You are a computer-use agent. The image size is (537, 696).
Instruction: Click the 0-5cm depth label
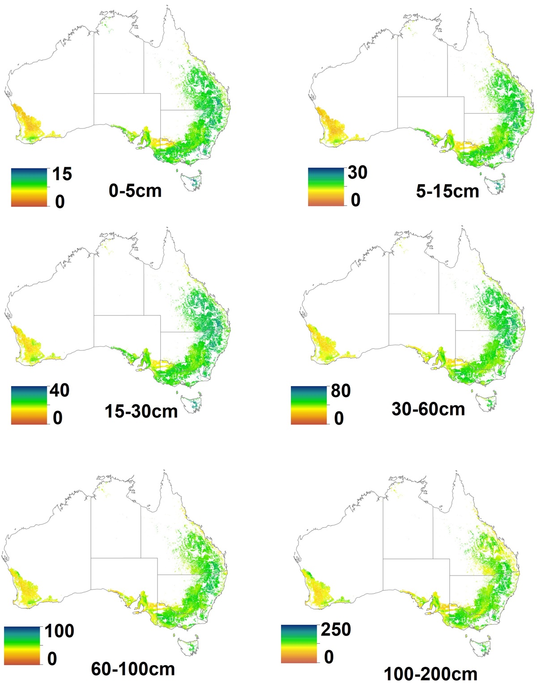[x=135, y=191]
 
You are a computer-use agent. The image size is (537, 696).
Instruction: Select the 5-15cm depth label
[x=447, y=191]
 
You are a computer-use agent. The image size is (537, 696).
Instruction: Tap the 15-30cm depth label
[x=141, y=411]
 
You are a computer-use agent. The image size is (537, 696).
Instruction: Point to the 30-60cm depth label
[x=428, y=409]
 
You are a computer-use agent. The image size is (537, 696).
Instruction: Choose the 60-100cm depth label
[x=133, y=669]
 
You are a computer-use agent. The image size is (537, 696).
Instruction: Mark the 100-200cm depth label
[x=430, y=674]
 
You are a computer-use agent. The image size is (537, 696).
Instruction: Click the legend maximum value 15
[x=62, y=174]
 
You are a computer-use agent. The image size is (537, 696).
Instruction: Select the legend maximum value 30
[x=357, y=172]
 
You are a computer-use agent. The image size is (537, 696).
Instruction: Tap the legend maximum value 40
[x=59, y=391]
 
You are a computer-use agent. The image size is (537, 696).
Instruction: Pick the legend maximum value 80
[x=341, y=391]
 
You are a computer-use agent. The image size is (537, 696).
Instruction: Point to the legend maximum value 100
[x=59, y=631]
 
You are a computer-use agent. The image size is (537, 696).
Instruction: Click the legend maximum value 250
[x=336, y=630]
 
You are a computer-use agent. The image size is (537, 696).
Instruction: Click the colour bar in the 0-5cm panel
[x=29, y=187]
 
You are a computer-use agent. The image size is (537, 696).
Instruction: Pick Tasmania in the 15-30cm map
[x=193, y=403]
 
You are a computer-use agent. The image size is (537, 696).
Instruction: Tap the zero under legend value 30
[x=355, y=200]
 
